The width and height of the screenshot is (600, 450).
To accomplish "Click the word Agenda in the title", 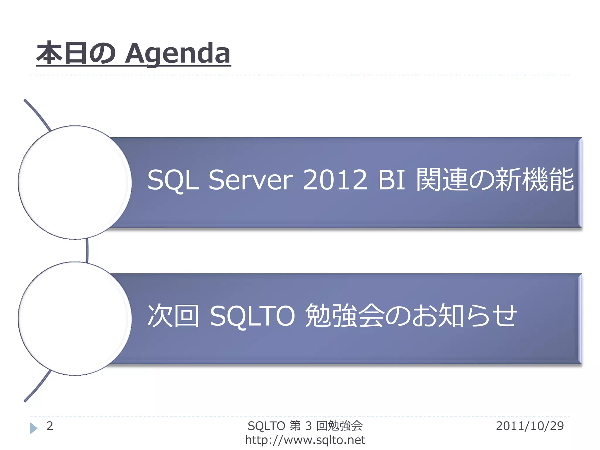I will (178, 54).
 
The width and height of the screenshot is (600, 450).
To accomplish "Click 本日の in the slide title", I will (76, 54).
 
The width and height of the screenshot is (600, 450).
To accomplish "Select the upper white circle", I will (75, 182).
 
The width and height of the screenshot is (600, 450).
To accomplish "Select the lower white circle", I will (75, 318).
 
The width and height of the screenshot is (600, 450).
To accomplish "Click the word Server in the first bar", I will (250, 180).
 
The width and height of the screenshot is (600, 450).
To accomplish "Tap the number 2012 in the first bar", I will (335, 180).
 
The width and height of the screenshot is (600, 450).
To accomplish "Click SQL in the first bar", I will (173, 180).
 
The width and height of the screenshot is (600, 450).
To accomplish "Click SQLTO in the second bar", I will (252, 316).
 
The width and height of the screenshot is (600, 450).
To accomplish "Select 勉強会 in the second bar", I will (344, 316).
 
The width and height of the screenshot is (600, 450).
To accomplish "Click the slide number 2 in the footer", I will (50, 426).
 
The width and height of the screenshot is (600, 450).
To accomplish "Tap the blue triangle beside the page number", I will (33, 428).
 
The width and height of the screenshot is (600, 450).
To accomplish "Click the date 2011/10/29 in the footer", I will (530, 426).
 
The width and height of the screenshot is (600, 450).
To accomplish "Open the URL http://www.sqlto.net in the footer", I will (305, 440).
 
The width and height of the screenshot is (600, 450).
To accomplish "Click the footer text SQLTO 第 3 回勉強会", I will (305, 426).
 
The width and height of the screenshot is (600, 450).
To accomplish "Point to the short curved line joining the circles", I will (87, 250).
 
